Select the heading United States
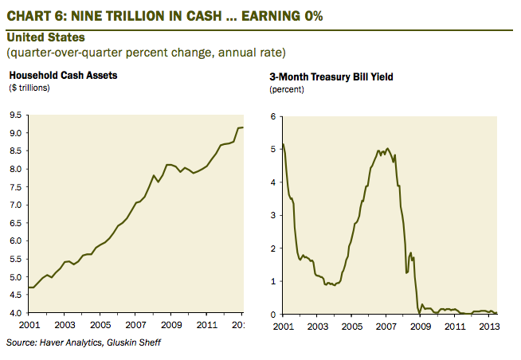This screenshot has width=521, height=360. click(45, 37)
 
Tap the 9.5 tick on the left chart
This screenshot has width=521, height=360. click(14, 115)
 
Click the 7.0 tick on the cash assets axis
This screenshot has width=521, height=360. click(14, 205)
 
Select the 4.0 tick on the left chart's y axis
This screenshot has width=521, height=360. click(14, 314)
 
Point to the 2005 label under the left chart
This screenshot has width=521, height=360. click(99, 326)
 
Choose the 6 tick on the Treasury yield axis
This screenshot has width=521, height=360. click(272, 116)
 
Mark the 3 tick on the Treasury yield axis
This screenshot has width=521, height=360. click(272, 215)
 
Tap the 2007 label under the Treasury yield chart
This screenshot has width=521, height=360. click(386, 326)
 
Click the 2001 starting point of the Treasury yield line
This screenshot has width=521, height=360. click(283, 144)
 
